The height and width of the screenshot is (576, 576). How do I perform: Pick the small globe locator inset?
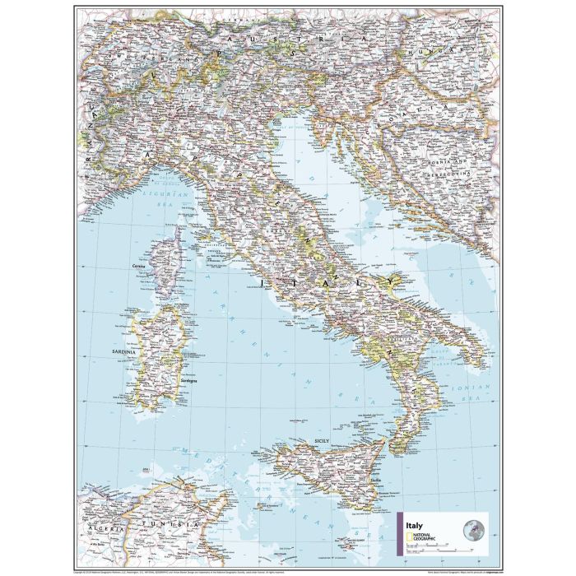point(474,528)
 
